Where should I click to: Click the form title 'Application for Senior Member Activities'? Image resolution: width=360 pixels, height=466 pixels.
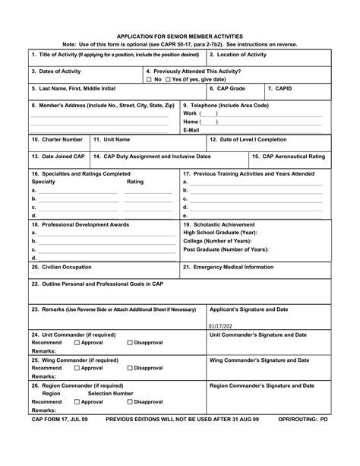tap(180, 36)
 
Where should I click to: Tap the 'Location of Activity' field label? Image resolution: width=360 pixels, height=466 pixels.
tap(238, 55)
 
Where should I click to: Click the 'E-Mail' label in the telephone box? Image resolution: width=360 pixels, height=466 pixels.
tap(191, 130)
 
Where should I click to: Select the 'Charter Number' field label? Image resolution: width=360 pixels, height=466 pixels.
tap(57, 140)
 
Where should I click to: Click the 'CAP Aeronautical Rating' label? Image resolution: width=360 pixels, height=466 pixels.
tap(289, 156)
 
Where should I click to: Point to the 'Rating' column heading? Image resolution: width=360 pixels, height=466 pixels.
tap(135, 182)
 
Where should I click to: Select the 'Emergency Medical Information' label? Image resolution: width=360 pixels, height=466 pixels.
tap(229, 267)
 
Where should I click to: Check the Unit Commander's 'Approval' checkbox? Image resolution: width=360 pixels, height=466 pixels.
tap(77, 343)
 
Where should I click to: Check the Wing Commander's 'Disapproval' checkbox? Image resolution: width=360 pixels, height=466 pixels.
tap(130, 368)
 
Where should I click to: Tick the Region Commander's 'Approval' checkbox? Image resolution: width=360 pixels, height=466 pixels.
tap(77, 401)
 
